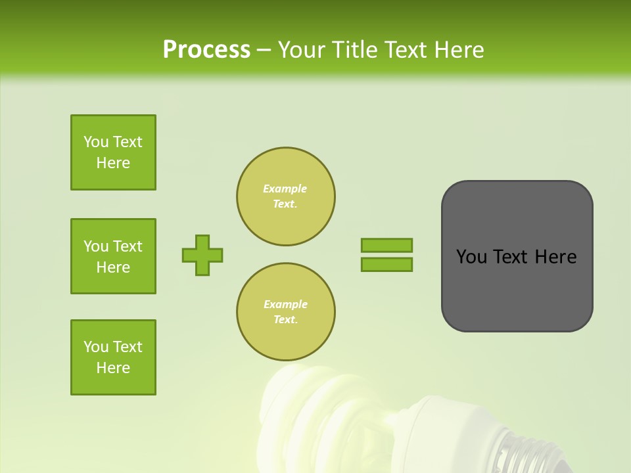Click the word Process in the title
click(206, 50)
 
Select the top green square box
click(113, 152)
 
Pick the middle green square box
click(113, 256)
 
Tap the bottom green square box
click(113, 357)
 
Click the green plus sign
click(202, 255)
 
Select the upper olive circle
click(285, 196)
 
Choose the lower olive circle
click(285, 312)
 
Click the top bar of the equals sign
click(386, 245)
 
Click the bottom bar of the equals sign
click(386, 264)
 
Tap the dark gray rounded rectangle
click(517, 289)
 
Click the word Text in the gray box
click(511, 257)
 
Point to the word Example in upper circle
click(285, 189)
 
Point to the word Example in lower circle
click(285, 304)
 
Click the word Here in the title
click(459, 50)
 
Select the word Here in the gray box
click(555, 257)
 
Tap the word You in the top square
click(96, 142)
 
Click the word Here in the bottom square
click(113, 368)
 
